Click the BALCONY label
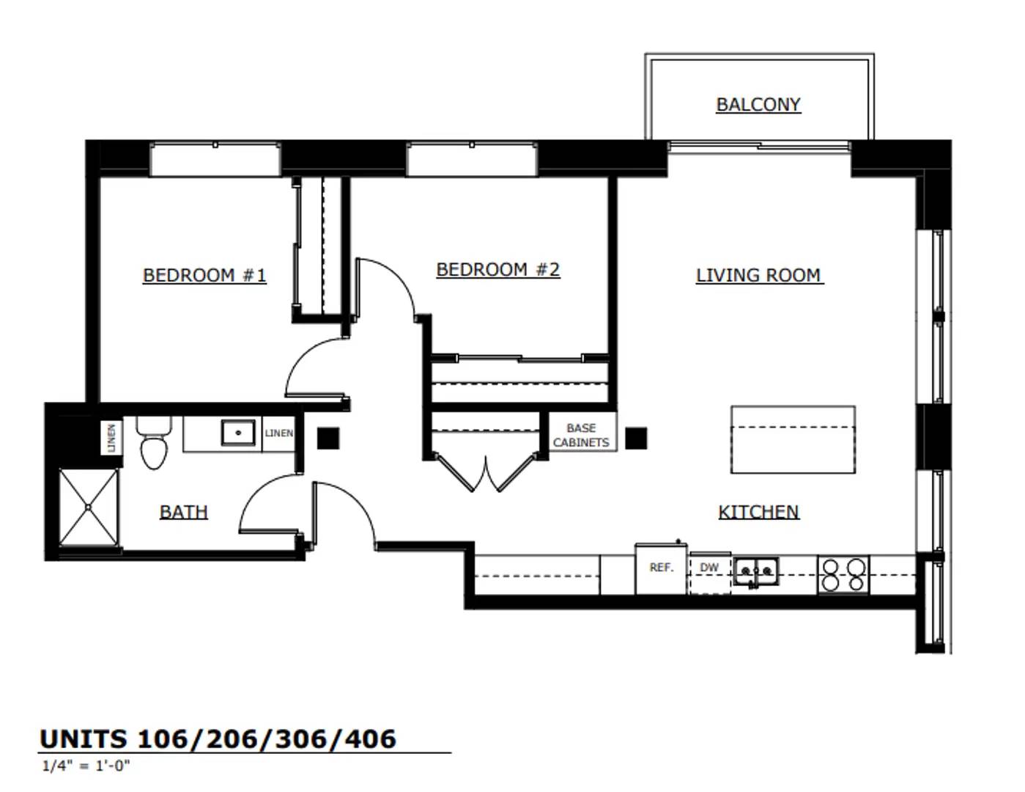(x=758, y=104)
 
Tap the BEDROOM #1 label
(x=204, y=275)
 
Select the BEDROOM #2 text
(x=497, y=270)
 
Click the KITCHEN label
(x=758, y=512)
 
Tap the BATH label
(x=183, y=512)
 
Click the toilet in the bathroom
(x=154, y=443)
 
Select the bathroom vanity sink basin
(x=238, y=433)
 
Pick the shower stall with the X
(x=89, y=507)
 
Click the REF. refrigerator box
(x=661, y=569)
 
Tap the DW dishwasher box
(x=710, y=573)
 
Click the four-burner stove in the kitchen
(x=843, y=575)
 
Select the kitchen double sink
(x=755, y=572)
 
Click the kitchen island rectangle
(x=793, y=439)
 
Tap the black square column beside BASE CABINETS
(x=636, y=439)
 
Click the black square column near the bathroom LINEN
(x=328, y=439)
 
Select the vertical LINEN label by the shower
(x=112, y=438)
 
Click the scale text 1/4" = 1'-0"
(x=86, y=766)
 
